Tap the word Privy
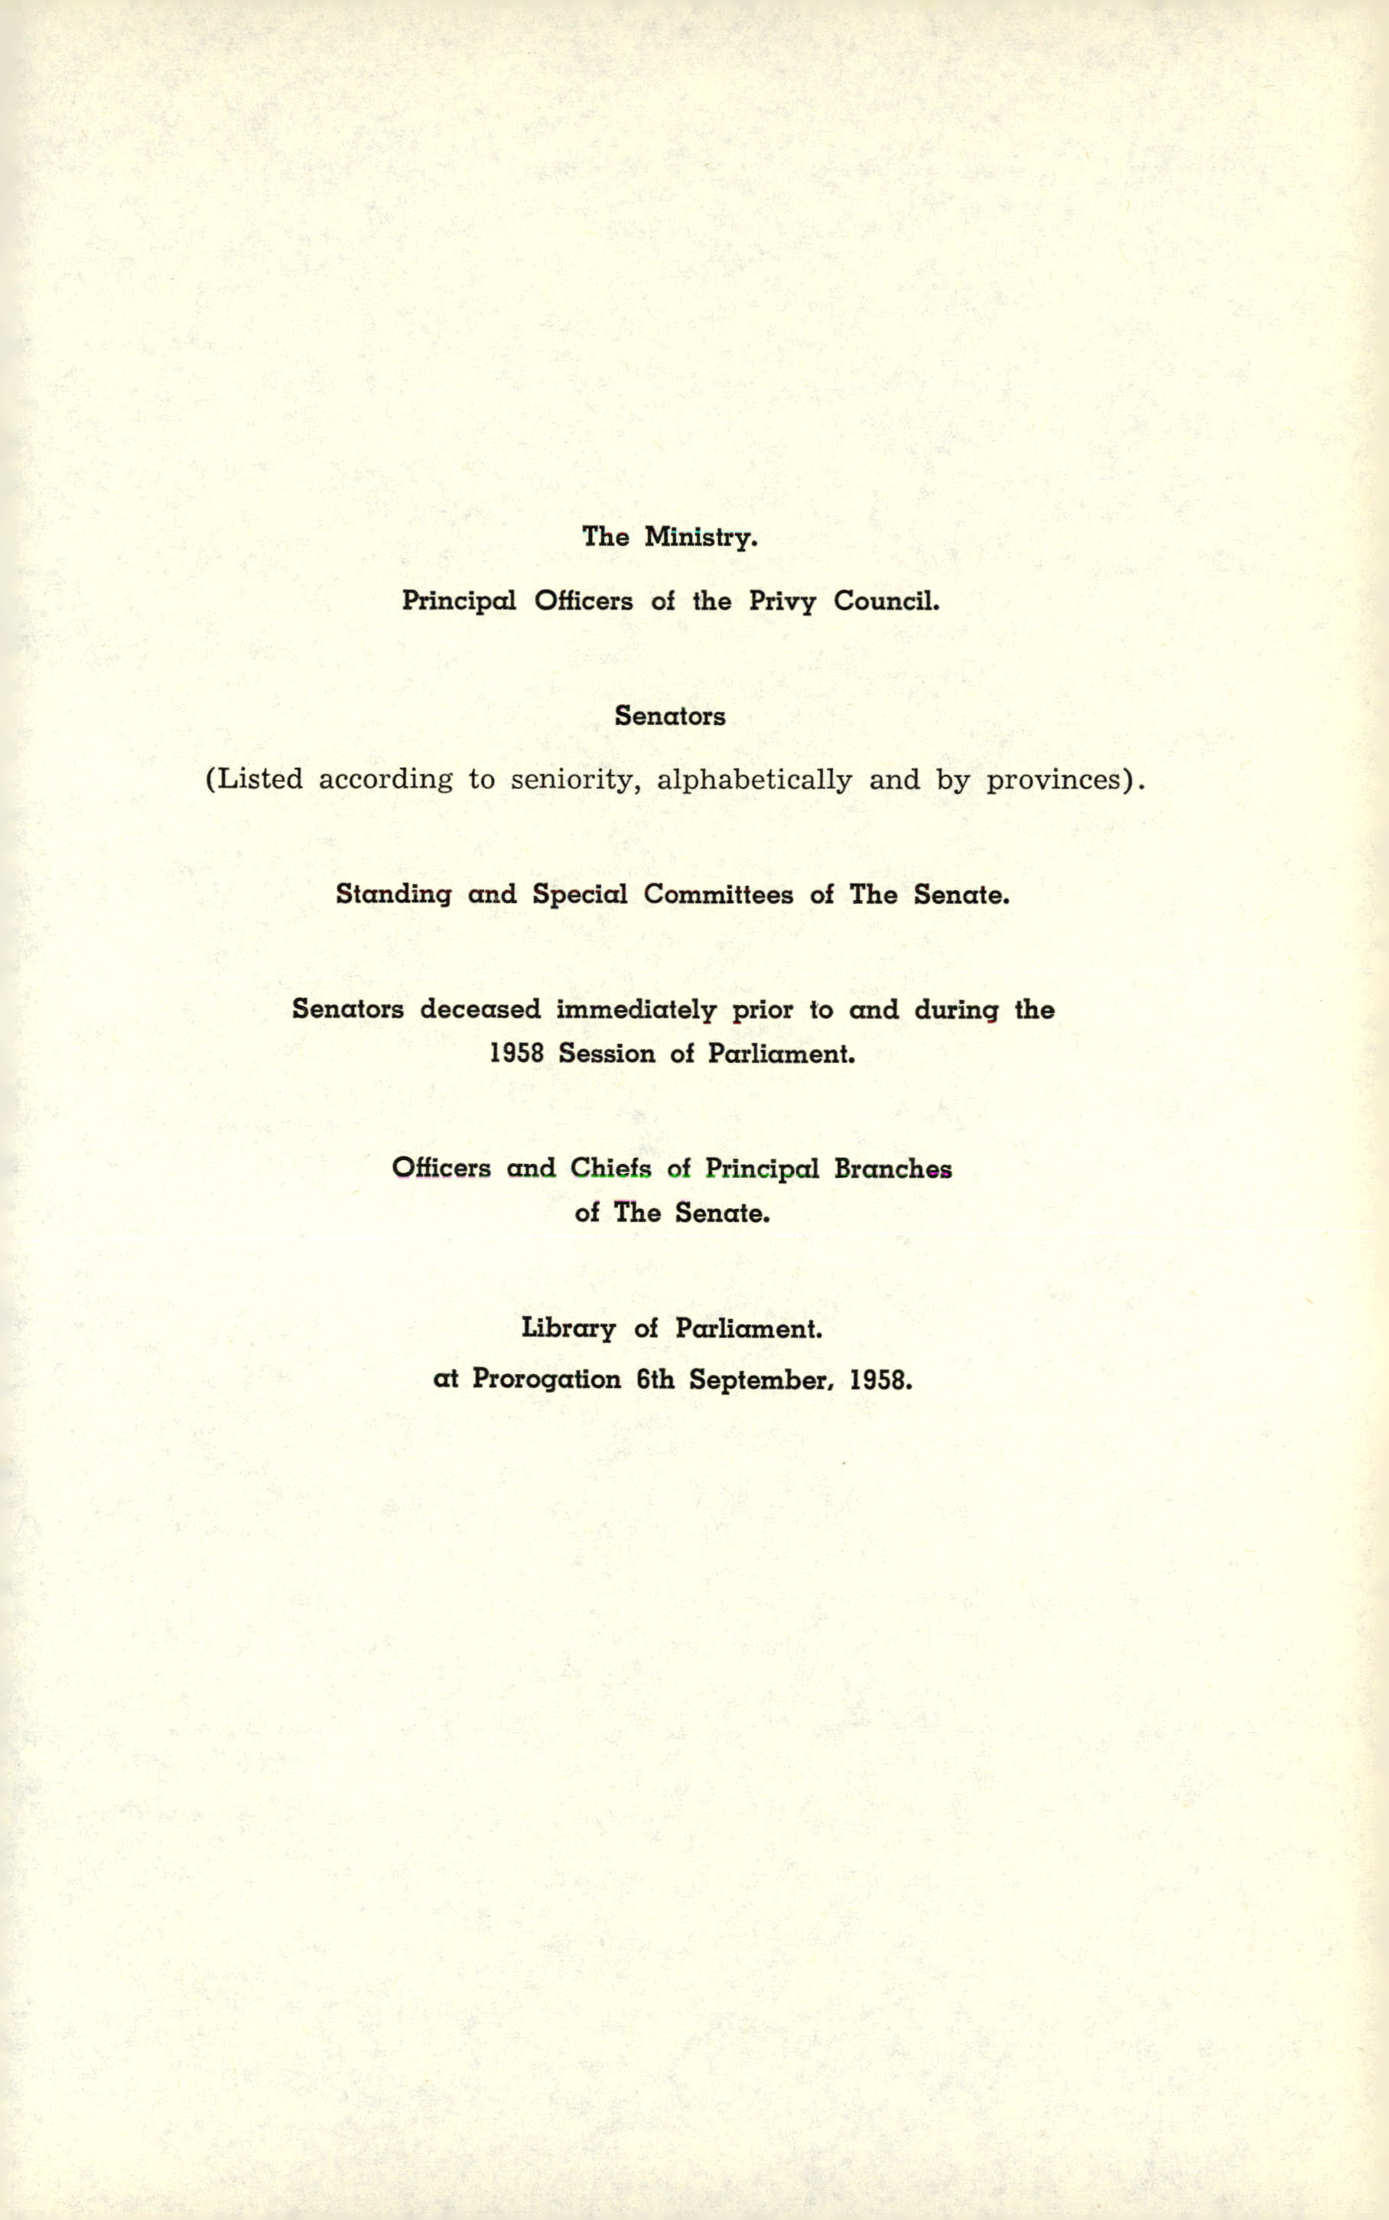[x=782, y=602]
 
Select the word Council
[x=886, y=602]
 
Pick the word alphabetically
[x=754, y=780]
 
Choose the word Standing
[x=393, y=895]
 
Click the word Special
[x=580, y=895]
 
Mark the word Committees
[x=717, y=895]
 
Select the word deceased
[x=480, y=1009]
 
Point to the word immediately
[x=636, y=1009]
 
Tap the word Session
[x=607, y=1054]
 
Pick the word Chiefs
[x=610, y=1169]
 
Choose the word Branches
[x=892, y=1169]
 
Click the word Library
[x=568, y=1329]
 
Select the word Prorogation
[x=545, y=1380]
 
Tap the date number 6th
[x=655, y=1380]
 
